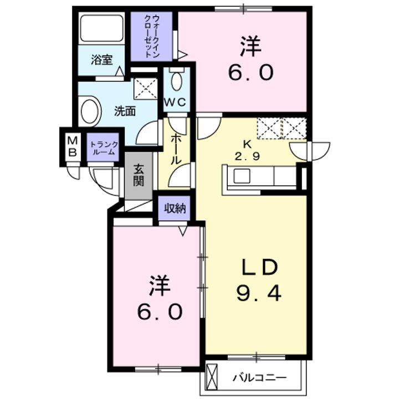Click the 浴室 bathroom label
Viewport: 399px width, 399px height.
click(x=102, y=60)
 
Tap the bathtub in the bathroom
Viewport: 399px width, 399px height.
click(x=102, y=28)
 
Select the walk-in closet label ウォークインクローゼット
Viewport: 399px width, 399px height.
click(x=152, y=36)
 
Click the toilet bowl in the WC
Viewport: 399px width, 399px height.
click(x=177, y=80)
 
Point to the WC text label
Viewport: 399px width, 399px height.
click(x=175, y=103)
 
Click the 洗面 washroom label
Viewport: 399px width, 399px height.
click(x=125, y=111)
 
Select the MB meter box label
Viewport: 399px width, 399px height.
click(x=73, y=146)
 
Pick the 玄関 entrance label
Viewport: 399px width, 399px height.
click(x=139, y=175)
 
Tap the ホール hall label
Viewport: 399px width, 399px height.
click(x=176, y=149)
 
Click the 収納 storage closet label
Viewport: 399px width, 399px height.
click(x=175, y=209)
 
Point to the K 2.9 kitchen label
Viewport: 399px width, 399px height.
click(x=247, y=151)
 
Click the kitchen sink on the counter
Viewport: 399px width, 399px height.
click(x=242, y=176)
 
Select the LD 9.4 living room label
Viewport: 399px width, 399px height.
click(x=259, y=280)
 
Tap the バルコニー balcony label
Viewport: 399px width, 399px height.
click(x=259, y=378)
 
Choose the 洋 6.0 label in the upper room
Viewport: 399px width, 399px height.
click(x=250, y=58)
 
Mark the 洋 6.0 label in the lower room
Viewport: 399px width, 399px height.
click(x=160, y=298)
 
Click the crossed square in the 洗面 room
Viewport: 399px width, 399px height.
click(x=146, y=89)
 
